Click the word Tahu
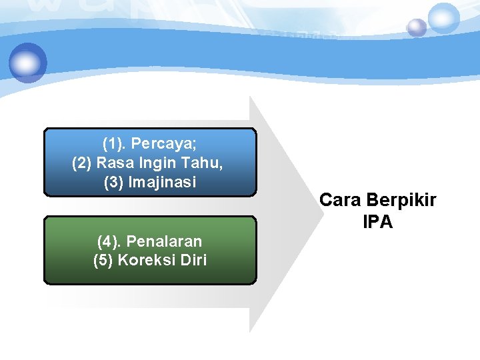[203, 163]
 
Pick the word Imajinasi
[163, 182]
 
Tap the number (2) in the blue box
[82, 163]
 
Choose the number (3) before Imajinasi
[114, 182]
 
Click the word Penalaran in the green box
[163, 241]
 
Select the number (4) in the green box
[109, 241]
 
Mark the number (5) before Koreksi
[103, 260]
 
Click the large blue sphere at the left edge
[28, 63]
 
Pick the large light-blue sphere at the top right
[443, 18]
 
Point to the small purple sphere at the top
[417, 28]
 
